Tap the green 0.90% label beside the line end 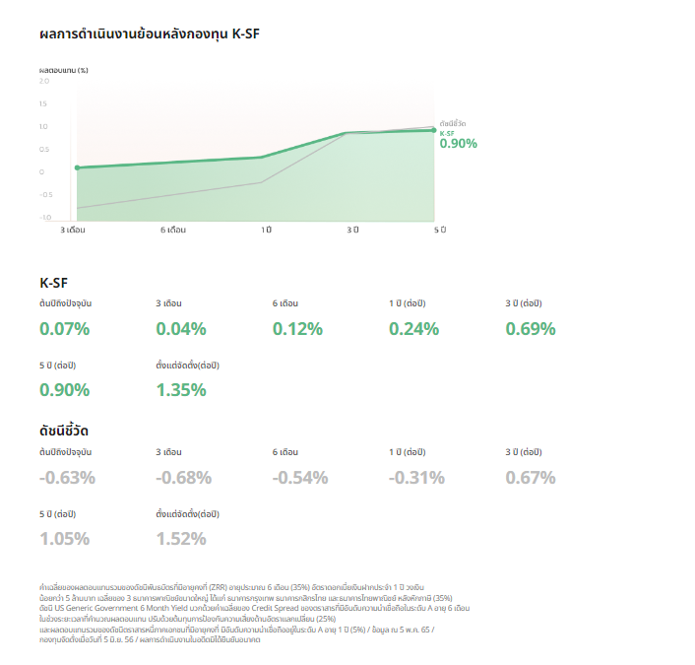click(458, 144)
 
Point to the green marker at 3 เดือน click(77, 167)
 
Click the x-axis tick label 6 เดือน click(173, 230)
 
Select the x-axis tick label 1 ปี click(266, 230)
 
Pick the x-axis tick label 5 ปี click(440, 230)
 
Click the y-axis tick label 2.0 click(43, 81)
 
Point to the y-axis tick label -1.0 click(45, 218)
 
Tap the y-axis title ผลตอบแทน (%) click(64, 71)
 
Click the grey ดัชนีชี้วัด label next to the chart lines click(453, 123)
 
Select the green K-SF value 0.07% click(64, 329)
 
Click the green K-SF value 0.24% click(413, 329)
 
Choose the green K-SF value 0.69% click(531, 329)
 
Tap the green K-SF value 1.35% click(181, 389)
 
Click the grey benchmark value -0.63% click(67, 478)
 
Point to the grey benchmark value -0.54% click(300, 478)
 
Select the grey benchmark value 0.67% click(531, 478)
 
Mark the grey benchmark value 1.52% click(181, 538)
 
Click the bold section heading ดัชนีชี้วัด click(72, 431)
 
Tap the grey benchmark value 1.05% click(64, 538)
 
